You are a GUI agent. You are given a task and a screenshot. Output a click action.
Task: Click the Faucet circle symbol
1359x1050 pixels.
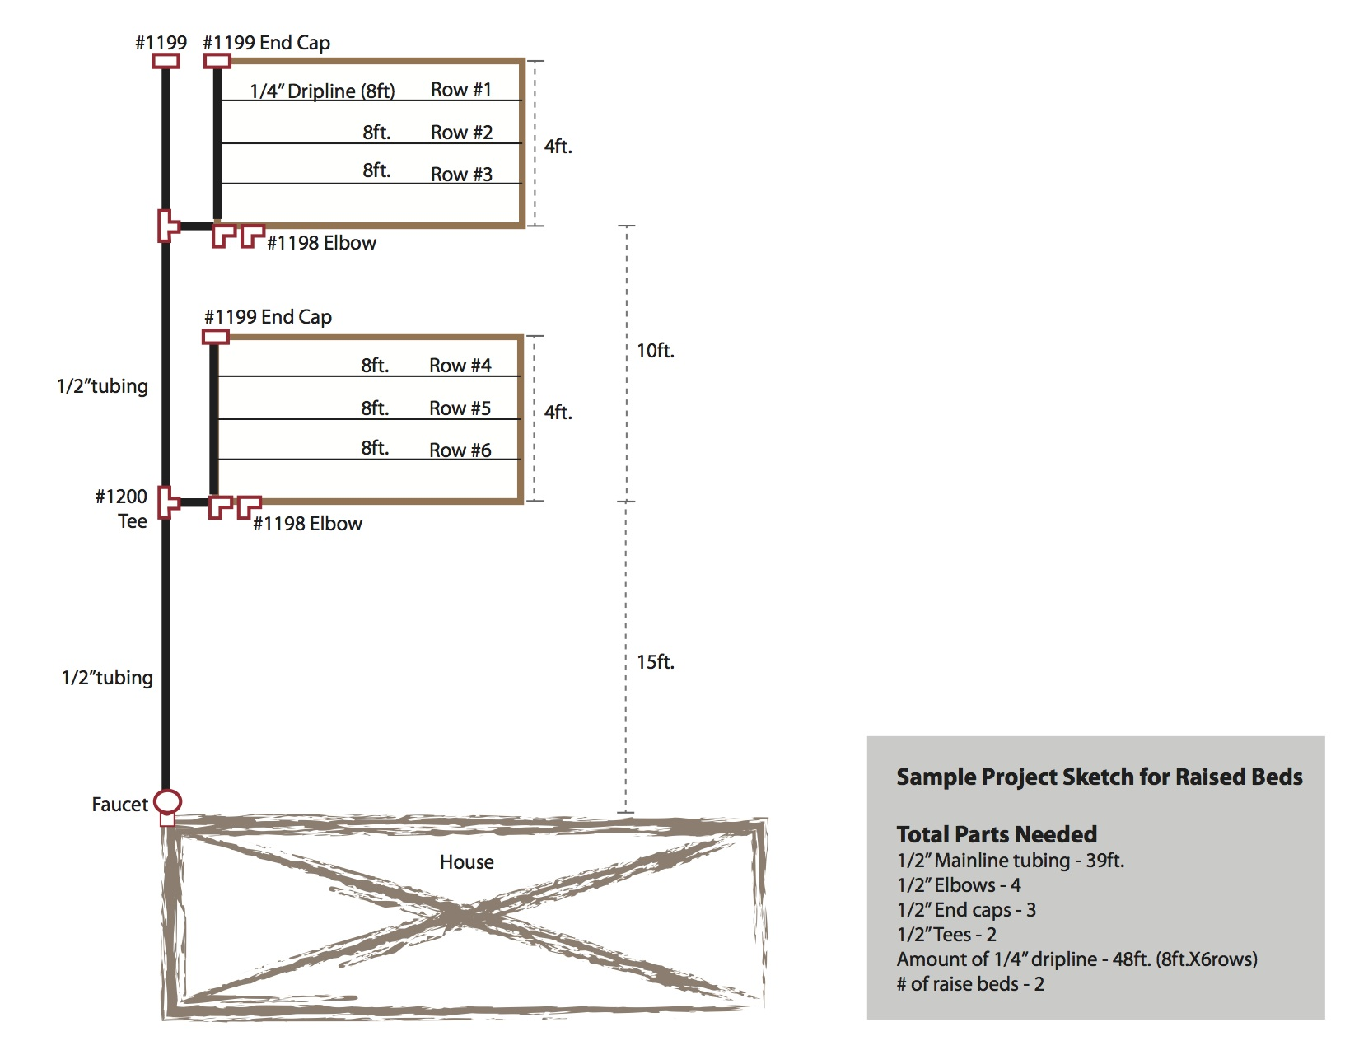coord(168,800)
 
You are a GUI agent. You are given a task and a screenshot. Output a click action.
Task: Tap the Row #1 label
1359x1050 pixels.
coord(461,90)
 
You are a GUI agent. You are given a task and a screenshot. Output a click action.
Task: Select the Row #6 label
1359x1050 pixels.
coord(460,450)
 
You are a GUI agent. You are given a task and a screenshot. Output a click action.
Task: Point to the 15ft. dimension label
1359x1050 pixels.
coord(656,662)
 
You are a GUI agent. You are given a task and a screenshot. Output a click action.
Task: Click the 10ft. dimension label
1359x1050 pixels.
coord(656,351)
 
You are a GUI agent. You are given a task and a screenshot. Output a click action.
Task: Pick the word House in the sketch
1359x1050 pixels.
coord(466,862)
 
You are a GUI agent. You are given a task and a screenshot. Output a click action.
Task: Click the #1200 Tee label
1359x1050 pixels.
coord(122,509)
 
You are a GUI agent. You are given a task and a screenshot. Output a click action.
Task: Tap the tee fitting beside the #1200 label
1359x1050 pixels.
coord(168,502)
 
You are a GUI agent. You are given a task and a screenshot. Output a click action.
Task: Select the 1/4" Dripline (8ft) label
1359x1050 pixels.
coord(322,91)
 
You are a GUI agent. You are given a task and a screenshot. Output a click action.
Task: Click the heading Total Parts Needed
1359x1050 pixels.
coord(997,834)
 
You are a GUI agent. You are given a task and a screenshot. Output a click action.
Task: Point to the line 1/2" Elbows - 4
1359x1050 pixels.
coord(959,885)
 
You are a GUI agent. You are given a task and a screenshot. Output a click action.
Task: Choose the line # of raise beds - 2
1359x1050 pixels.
coord(970,984)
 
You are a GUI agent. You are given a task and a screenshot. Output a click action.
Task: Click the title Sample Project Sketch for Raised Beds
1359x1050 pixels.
coord(1099,777)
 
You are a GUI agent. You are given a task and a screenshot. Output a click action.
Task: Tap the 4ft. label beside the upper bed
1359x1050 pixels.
coord(558,147)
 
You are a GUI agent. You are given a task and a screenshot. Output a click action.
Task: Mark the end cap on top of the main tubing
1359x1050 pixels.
coord(166,61)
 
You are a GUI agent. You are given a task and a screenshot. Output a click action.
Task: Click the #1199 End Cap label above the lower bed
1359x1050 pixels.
coord(268,317)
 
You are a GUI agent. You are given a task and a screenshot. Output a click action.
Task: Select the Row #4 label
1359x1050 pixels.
coord(460,366)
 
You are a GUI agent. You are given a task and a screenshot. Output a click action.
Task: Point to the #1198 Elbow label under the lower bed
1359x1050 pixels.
coord(307,524)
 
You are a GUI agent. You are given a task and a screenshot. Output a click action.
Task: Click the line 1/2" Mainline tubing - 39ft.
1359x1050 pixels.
coord(1011,861)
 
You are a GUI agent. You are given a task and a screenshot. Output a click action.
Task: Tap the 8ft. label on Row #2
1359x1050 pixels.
coord(376,133)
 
